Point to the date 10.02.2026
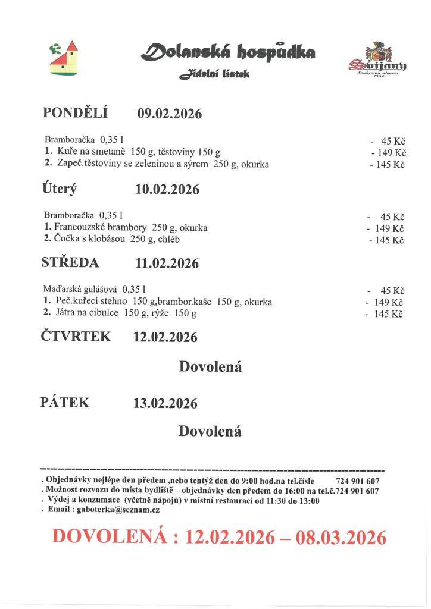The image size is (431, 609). click(x=167, y=190)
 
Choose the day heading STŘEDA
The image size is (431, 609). click(x=70, y=262)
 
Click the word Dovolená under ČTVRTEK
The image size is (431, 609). click(x=210, y=367)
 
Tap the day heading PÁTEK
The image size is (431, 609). click(x=65, y=403)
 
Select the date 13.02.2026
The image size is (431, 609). click(x=165, y=404)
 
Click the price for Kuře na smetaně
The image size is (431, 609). click(x=388, y=152)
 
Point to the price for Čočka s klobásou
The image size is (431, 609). click(x=387, y=240)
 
